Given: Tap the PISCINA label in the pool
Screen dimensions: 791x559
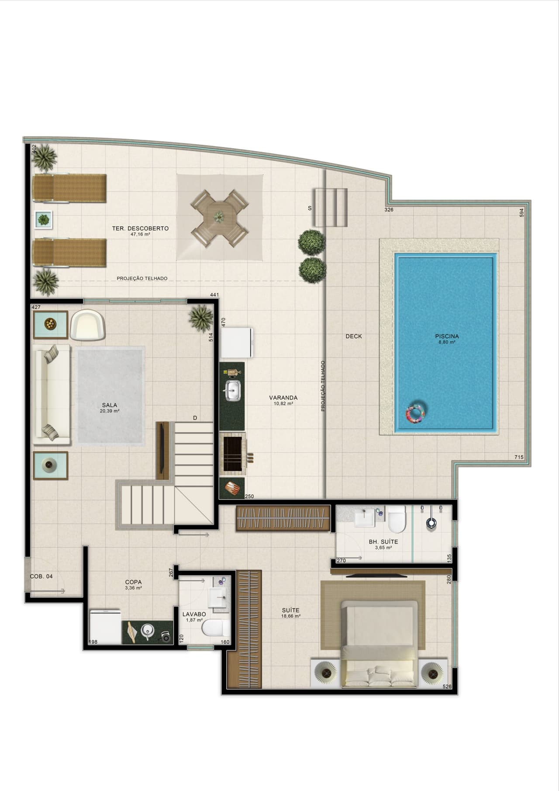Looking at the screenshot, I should point(447,337).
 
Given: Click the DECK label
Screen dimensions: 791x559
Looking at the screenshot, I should point(354,337).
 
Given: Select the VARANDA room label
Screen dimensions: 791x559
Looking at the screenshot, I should point(283,398).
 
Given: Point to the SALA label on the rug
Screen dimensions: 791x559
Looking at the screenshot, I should point(110,405).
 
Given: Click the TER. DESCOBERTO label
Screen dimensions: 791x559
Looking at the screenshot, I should point(140,229).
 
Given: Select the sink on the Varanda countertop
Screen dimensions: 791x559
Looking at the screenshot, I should point(232,390).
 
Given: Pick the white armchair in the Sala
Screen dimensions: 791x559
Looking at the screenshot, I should point(88,324).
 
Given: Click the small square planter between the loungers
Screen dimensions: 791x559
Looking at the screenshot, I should point(44,219).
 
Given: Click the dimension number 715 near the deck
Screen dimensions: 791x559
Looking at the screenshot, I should point(519,458).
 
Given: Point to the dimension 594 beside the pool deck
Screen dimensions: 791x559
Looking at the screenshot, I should point(521,213).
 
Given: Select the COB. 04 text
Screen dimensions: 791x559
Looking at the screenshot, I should point(41,576).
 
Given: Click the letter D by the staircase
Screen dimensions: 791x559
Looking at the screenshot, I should point(195,418).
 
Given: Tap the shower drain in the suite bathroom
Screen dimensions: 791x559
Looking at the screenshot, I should point(431,523).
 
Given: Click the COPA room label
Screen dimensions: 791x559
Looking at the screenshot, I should point(133,582).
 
